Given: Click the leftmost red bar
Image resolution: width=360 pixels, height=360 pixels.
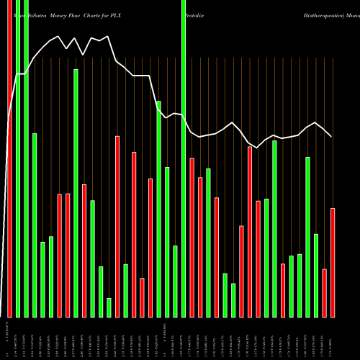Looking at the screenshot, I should click(x=9, y=158).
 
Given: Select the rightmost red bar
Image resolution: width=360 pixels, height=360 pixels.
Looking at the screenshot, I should click(x=333, y=262).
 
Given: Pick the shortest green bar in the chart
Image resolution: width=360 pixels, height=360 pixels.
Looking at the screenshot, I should click(x=109, y=307).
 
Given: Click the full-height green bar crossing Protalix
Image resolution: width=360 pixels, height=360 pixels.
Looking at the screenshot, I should click(x=184, y=158).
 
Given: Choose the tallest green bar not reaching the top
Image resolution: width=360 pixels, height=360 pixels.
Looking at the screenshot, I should click(x=76, y=193).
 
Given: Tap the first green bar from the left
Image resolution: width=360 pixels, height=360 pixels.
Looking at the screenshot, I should click(x=18, y=158).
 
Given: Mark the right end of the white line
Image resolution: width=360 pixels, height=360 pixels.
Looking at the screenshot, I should click(x=331, y=136).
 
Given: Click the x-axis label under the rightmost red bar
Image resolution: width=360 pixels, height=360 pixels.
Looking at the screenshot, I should click(x=333, y=338).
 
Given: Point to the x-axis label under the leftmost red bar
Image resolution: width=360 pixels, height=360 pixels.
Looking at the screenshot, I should click(x=9, y=338).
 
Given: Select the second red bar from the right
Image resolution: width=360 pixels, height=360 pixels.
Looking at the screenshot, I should click(x=324, y=292).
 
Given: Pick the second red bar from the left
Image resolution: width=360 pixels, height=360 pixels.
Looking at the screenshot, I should click(x=59, y=256).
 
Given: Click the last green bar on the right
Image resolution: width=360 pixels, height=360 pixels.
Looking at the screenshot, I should click(x=316, y=275).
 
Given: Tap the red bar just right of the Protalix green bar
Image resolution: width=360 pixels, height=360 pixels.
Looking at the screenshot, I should click(x=192, y=238).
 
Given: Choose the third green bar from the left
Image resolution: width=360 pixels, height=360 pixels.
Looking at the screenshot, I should click(x=34, y=225).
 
